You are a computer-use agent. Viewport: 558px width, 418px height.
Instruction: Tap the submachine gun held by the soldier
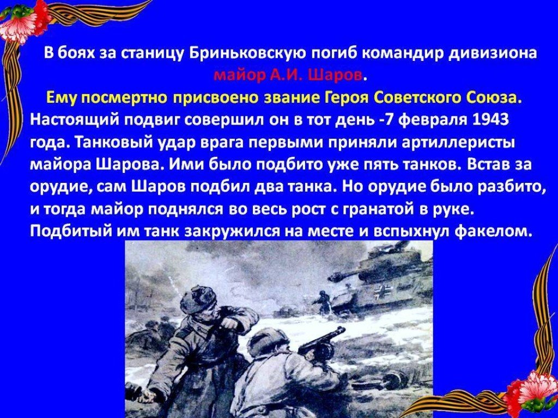[322, 341]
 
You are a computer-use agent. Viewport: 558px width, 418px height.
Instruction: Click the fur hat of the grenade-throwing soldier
[198, 299]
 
